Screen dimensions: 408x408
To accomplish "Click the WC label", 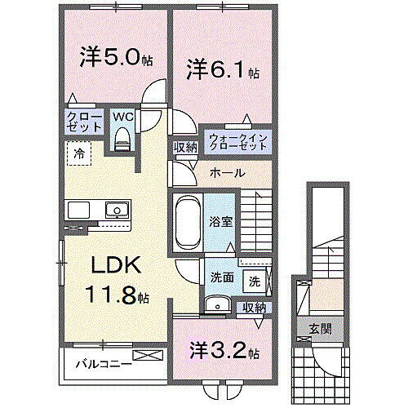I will click(123, 115).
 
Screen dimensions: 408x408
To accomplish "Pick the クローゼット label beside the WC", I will click(85, 122).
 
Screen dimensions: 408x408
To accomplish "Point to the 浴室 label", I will click(220, 220).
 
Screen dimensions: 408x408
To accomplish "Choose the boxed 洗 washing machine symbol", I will click(255, 282).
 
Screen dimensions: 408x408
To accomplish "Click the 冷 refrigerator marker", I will click(80, 152).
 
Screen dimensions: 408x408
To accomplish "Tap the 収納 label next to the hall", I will click(184, 148).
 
